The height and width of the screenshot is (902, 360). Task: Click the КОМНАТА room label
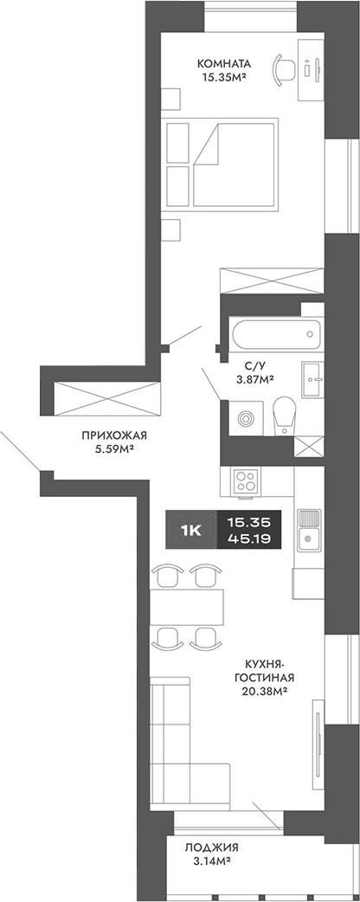[x=224, y=62]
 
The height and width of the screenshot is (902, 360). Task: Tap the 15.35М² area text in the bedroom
[x=224, y=77]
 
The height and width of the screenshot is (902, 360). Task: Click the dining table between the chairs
[x=186, y=604]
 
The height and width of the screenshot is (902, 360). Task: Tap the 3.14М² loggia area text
[x=211, y=862]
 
